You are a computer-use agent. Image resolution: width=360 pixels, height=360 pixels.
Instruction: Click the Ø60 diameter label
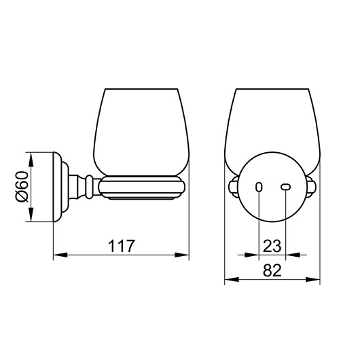[x=22, y=187]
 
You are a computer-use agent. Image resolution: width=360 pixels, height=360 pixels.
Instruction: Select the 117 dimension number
[x=121, y=246]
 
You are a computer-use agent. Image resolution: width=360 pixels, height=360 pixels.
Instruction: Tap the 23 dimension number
[x=272, y=246]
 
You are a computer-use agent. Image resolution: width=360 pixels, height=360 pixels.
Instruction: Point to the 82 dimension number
[x=272, y=270]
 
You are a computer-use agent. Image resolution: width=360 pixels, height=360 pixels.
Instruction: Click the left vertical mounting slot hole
[x=259, y=187]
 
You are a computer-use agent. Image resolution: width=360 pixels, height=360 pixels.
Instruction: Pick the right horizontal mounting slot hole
[x=286, y=187]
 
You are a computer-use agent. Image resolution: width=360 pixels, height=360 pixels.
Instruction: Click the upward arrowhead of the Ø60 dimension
[x=31, y=159]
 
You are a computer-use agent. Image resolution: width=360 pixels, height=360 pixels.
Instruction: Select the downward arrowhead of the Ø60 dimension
[x=31, y=215]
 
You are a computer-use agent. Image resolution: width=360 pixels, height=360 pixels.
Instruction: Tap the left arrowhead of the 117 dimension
[x=60, y=255]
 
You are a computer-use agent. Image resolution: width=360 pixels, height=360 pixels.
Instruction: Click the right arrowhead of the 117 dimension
[x=182, y=255]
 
